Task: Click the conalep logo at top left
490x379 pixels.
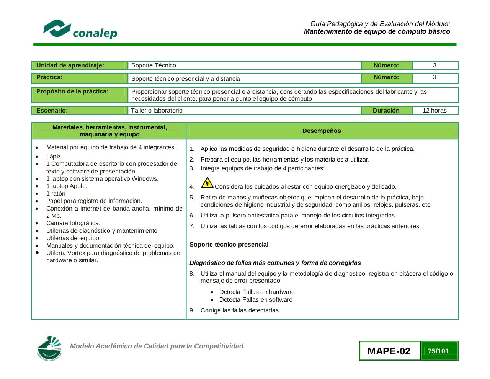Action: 80,29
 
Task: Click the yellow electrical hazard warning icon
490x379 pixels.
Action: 207,183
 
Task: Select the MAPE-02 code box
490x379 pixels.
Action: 389,351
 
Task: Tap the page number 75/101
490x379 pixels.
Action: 439,351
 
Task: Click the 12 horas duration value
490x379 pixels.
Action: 434,111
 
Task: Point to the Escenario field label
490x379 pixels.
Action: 52,111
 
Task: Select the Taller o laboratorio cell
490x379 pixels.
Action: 157,111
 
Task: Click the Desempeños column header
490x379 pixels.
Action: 322,131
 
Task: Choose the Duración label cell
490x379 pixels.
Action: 386,111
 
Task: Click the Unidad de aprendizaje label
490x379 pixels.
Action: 70,65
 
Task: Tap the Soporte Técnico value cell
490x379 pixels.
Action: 154,65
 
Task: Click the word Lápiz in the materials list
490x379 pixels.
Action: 54,157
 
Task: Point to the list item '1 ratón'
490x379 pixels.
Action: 56,194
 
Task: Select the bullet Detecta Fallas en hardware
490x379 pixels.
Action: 257,292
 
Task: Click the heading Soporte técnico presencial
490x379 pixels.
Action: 229,245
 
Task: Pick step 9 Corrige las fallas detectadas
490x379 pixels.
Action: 239,310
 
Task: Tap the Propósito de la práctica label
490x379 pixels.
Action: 72,91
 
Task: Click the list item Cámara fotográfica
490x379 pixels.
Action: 73,223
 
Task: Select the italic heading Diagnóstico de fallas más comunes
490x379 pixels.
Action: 275,263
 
